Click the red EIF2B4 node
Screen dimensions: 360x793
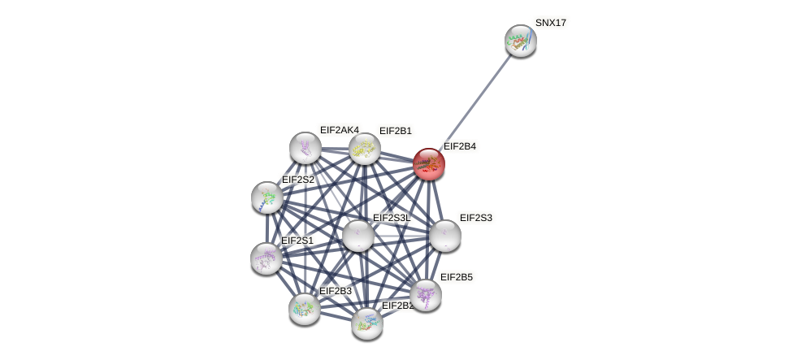428,164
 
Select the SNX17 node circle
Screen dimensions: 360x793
520,41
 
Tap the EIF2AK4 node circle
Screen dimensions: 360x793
305,147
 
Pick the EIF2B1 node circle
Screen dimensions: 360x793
364,149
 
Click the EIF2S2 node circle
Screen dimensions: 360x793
266,197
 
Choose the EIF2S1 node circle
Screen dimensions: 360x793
266,258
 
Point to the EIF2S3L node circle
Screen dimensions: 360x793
357,236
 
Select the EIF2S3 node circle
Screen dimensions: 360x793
444,236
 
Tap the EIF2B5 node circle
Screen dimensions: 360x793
425,294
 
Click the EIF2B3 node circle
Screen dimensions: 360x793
305,308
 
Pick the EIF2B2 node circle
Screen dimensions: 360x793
366,323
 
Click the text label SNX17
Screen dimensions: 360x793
550,23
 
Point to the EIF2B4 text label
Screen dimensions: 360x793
459,146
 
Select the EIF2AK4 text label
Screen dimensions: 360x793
339,130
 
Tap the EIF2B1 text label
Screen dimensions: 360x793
395,131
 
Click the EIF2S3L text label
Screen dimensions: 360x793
392,218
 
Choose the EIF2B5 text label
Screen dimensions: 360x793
456,277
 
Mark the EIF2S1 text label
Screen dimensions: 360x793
297,241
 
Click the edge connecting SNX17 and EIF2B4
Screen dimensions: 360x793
474,102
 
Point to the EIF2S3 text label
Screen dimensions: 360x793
475,218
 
